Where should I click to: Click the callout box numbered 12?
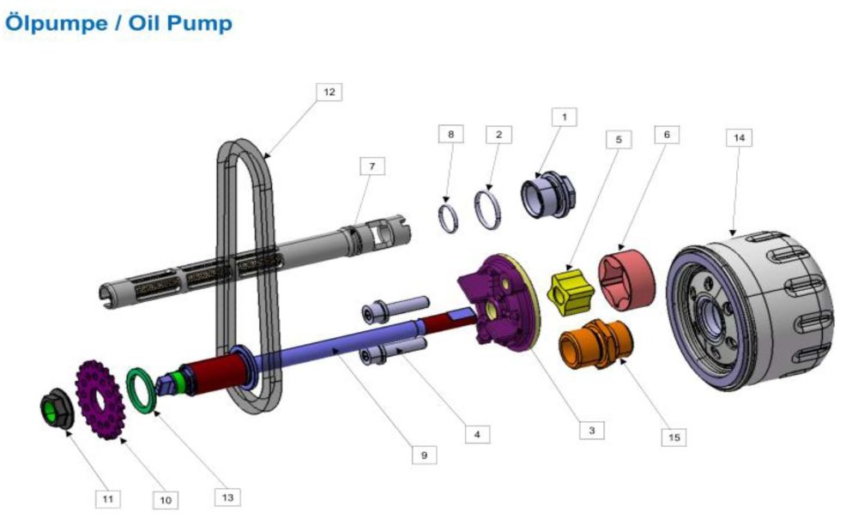point(329,92)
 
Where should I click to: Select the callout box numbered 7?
point(372,166)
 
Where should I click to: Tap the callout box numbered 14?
point(739,137)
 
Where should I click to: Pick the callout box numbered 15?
point(674,437)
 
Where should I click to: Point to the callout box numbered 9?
point(424,455)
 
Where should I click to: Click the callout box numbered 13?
point(227,497)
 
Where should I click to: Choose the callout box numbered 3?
point(591,431)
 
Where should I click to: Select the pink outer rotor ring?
point(626,277)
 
